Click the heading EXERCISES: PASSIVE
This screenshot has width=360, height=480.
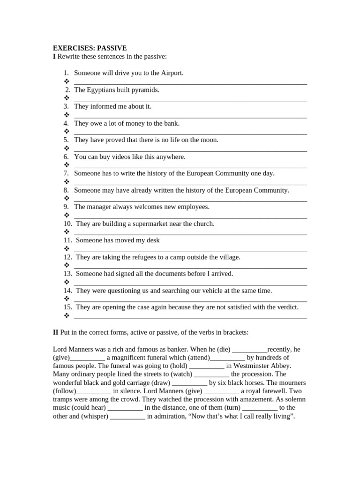point(90,48)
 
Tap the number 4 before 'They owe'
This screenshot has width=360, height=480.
point(66,123)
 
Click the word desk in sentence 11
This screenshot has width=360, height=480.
point(153,240)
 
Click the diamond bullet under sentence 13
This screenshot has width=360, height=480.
point(66,282)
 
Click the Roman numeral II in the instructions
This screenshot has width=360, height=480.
point(55,332)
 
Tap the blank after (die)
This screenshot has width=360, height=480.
point(249,350)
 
